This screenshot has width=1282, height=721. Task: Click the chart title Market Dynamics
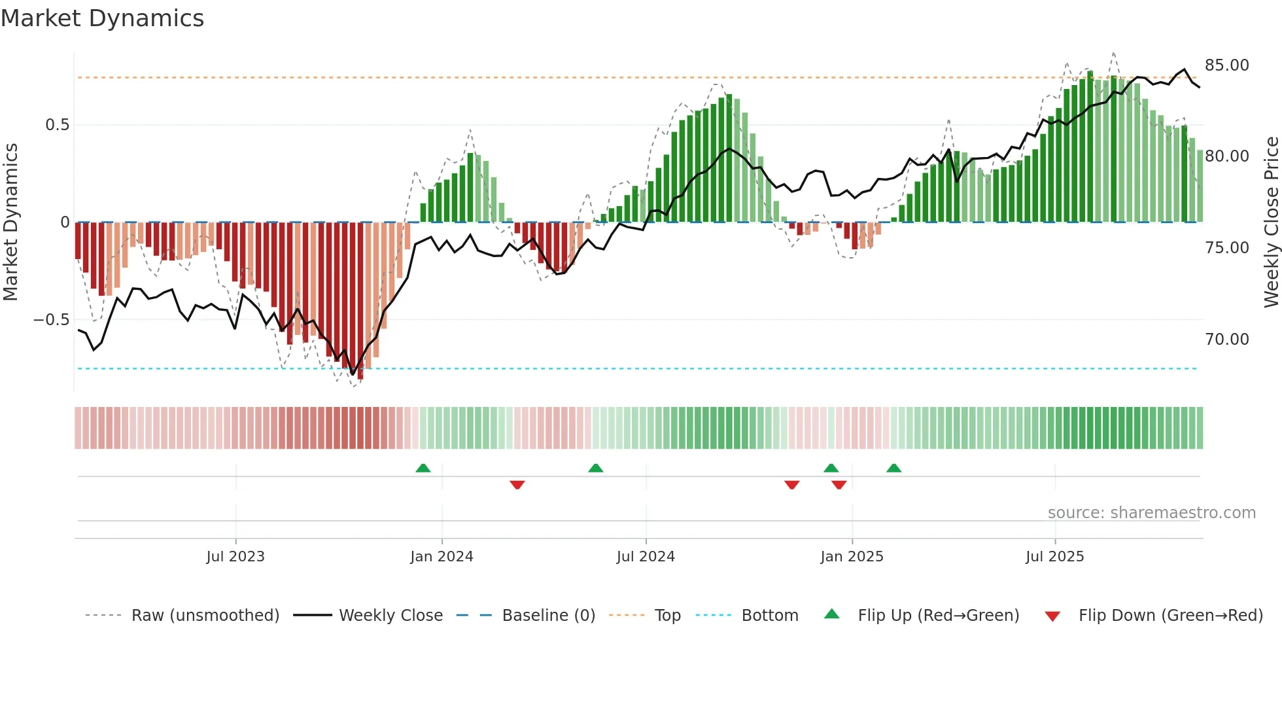(x=103, y=18)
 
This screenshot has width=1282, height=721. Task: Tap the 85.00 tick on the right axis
(x=1226, y=65)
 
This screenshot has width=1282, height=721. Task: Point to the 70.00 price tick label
(x=1226, y=339)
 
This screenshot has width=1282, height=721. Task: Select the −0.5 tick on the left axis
(x=52, y=320)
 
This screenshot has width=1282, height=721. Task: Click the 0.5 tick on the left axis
(x=57, y=125)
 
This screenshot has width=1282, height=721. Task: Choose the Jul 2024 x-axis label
(x=646, y=557)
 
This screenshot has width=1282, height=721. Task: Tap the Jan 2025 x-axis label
(x=852, y=557)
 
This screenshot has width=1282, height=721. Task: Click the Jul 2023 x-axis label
(x=235, y=557)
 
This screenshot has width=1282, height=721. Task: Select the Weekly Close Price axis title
(x=1271, y=222)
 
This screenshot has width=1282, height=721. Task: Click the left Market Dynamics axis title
(x=10, y=222)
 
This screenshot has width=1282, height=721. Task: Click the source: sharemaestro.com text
(x=1151, y=513)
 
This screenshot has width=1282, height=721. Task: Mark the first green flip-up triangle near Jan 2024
(x=423, y=468)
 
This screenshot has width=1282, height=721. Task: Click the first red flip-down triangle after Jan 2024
(x=517, y=485)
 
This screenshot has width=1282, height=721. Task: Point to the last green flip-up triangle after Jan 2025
(x=893, y=468)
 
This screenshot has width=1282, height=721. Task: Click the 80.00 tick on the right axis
(x=1226, y=156)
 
